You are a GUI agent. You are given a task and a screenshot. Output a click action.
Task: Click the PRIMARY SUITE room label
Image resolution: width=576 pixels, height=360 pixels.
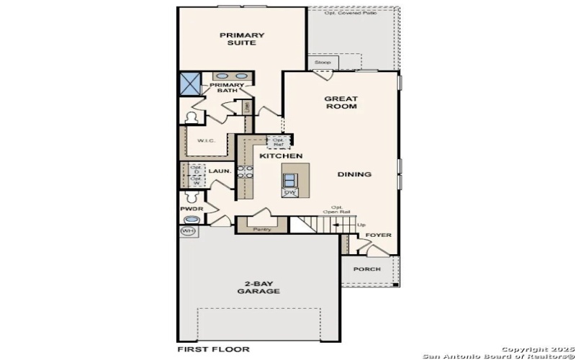pyautogui.click(x=242, y=39)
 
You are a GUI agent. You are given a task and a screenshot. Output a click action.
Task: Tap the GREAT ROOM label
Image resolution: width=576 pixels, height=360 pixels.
pyautogui.click(x=341, y=102)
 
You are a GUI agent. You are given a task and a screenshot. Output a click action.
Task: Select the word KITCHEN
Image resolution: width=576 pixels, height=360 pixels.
pyautogui.click(x=280, y=156)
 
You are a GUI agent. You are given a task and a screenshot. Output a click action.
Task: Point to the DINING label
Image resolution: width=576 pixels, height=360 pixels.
pyautogui.click(x=354, y=174)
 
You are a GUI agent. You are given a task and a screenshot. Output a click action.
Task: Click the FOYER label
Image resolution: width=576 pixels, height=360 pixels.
pyautogui.click(x=379, y=235)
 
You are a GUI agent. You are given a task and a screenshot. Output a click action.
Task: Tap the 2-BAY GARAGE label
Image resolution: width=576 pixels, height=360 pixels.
pyautogui.click(x=258, y=287)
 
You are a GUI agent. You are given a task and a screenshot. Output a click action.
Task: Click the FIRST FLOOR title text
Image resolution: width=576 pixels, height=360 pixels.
pyautogui.click(x=214, y=349)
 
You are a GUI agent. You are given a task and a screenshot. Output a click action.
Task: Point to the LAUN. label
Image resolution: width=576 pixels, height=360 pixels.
pyautogui.click(x=219, y=171)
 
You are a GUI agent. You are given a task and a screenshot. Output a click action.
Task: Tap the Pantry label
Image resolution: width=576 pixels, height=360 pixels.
pyautogui.click(x=261, y=229)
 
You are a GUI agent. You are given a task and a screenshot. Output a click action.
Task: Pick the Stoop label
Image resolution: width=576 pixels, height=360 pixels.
pyautogui.click(x=323, y=63)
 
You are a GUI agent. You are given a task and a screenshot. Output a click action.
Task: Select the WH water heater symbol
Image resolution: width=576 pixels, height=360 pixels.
pyautogui.click(x=188, y=231)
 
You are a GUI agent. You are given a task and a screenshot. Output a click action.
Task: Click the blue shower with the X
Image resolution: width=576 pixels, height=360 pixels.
pyautogui.click(x=189, y=83)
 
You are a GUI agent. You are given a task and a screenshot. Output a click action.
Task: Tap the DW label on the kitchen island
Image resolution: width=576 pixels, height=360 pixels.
pyautogui.click(x=290, y=192)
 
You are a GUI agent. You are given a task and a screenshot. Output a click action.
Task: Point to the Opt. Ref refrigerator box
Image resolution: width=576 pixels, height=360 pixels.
pyautogui.click(x=278, y=141)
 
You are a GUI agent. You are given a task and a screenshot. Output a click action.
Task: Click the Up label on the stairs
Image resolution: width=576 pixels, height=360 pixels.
pyautogui.click(x=361, y=225)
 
